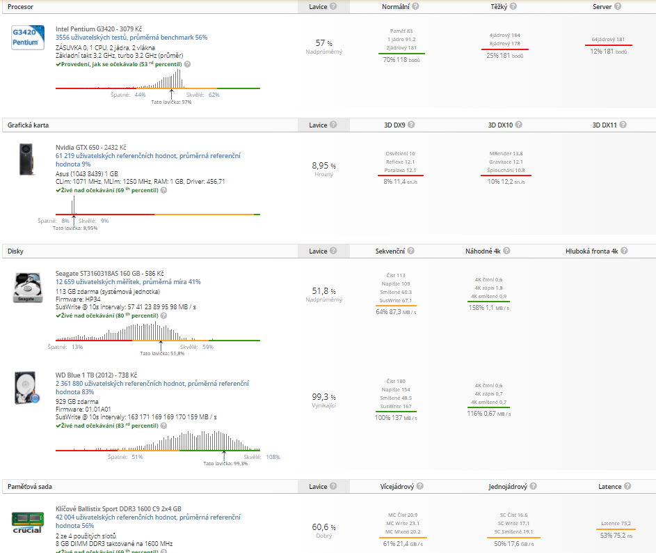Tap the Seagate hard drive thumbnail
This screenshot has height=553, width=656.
coord(27,288)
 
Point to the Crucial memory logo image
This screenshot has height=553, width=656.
coord(27,522)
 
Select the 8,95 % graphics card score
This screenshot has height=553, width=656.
coord(323,166)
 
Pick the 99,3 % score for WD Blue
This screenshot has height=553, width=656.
coord(323,396)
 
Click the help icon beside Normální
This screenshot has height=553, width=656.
coord(415,6)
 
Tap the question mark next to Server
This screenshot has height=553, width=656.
coord(617,6)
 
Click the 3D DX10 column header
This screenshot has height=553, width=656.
coord(499,125)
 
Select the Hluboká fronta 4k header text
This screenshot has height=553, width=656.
coord(591,251)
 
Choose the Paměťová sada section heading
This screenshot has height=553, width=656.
coord(30,487)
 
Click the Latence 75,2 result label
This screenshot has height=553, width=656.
coord(616,524)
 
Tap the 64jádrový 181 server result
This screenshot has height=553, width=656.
coord(608,40)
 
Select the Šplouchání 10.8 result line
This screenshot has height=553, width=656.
coord(506,170)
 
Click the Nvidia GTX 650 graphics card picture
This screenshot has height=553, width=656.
coord(26,159)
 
